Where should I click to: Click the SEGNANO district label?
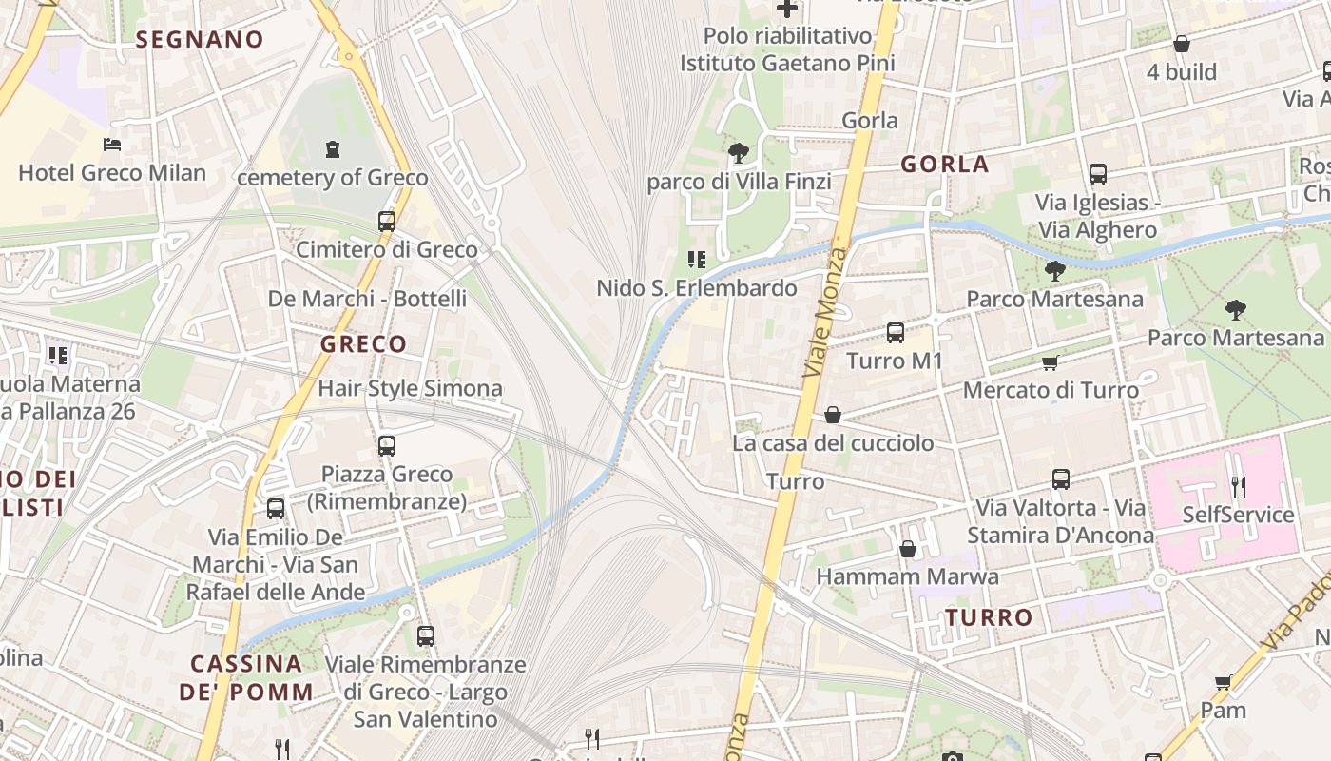pyautogui.click(x=200, y=40)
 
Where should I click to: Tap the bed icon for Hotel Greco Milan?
pyautogui.click(x=112, y=145)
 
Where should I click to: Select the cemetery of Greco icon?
pyautogui.click(x=333, y=149)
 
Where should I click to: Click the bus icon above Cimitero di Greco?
pyautogui.click(x=387, y=222)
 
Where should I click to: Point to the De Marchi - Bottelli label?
pyautogui.click(x=367, y=299)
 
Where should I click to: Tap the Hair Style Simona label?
pyautogui.click(x=410, y=388)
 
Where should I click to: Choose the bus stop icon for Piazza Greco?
pyautogui.click(x=387, y=446)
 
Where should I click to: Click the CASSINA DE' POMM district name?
pyautogui.click(x=246, y=677)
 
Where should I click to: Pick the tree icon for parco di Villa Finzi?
pyautogui.click(x=738, y=152)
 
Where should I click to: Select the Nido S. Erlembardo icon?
pyautogui.click(x=697, y=259)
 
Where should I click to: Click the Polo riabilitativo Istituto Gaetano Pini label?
pyautogui.click(x=787, y=49)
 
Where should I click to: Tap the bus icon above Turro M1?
pyautogui.click(x=896, y=333)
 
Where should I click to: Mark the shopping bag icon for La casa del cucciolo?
pyautogui.click(x=833, y=415)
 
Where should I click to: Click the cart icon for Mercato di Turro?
pyautogui.click(x=1051, y=362)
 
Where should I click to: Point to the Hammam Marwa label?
pyautogui.click(x=907, y=576)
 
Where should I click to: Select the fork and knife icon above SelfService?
pyautogui.click(x=1238, y=487)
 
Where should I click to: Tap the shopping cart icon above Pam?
pyautogui.click(x=1224, y=682)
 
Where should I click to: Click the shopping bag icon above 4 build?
pyautogui.click(x=1182, y=44)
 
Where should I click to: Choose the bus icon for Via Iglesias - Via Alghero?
pyautogui.click(x=1098, y=174)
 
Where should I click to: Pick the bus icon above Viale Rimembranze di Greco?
pyautogui.click(x=426, y=636)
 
